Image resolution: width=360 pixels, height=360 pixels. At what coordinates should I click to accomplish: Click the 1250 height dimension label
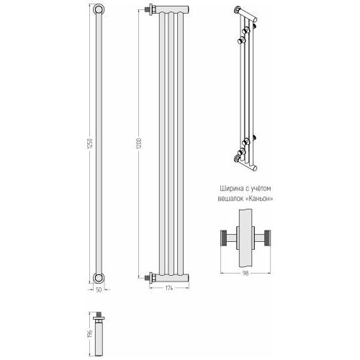pyautogui.click(x=91, y=143)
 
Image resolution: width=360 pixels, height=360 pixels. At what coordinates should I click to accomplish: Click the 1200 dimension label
pyautogui.click(x=139, y=143)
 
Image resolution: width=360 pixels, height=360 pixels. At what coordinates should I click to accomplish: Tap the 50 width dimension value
pyautogui.click(x=99, y=289)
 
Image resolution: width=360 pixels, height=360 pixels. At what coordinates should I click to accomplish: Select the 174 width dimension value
pyautogui.click(x=169, y=289)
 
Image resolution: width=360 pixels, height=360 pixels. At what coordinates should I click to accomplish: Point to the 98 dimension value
pyautogui.click(x=246, y=274)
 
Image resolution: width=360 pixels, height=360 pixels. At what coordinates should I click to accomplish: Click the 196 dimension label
pyautogui.click(x=90, y=334)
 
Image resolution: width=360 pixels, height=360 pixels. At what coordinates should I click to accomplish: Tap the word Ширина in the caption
pyautogui.click(x=230, y=189)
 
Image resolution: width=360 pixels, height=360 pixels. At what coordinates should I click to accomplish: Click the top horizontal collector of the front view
pyautogui.click(x=172, y=9)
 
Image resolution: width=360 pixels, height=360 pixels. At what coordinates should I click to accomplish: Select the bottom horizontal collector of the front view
pyautogui.click(x=172, y=278)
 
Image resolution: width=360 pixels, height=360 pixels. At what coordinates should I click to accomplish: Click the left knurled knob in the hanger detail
pyautogui.click(x=224, y=238)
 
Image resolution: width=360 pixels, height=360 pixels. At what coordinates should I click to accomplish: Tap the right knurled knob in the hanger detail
pyautogui.click(x=267, y=238)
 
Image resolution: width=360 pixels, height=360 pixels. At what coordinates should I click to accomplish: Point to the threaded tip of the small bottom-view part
pyautogui.click(x=99, y=314)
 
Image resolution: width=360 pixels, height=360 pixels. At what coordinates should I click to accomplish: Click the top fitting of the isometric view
pyautogui.click(x=238, y=10)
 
